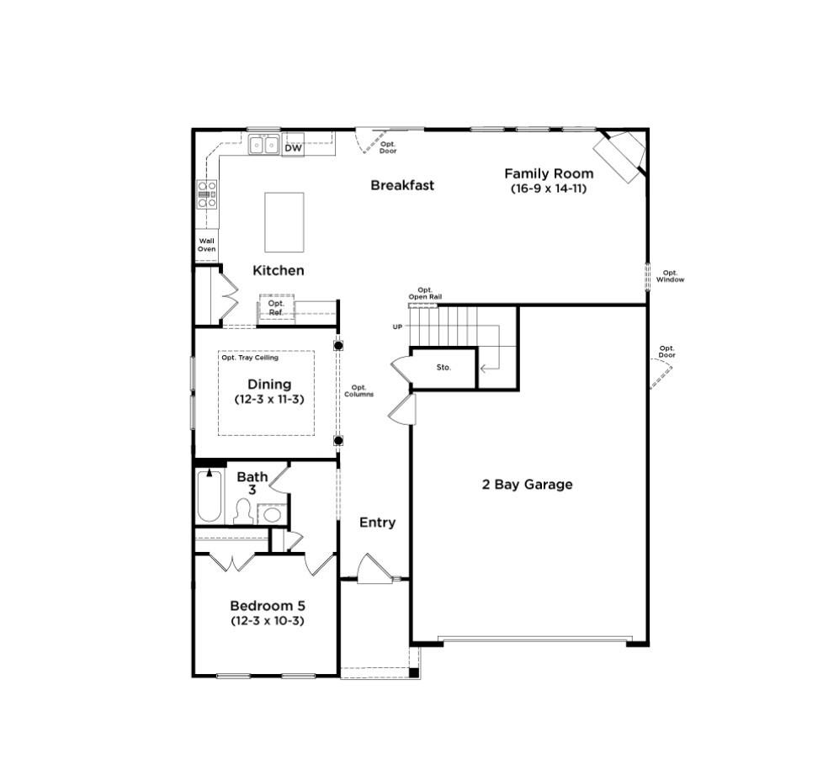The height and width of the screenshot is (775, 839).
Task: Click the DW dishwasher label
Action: (293, 148)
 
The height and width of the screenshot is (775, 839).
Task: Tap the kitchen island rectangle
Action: (284, 222)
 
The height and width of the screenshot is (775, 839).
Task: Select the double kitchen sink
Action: (263, 145)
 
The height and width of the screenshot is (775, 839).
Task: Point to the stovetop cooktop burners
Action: (207, 194)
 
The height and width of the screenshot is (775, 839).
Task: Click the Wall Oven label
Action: (206, 245)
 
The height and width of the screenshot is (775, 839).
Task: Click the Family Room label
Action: (549, 173)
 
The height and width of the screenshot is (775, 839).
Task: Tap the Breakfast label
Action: (402, 185)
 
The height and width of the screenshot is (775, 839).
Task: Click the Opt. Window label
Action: (670, 276)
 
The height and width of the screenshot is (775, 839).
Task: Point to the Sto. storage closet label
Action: (443, 367)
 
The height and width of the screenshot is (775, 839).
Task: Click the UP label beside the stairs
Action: (397, 327)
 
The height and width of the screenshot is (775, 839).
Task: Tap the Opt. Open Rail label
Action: (425, 294)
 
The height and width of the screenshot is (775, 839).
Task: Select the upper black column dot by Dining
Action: (338, 345)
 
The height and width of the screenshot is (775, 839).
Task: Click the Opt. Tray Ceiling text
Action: (250, 358)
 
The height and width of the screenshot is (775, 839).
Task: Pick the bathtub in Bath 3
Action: (209, 496)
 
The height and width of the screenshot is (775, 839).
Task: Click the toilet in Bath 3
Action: (243, 511)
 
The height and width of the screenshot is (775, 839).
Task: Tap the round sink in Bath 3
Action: (273, 516)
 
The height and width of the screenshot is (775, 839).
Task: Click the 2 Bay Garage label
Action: (527, 485)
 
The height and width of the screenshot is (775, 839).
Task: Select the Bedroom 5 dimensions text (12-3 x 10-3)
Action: (268, 621)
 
